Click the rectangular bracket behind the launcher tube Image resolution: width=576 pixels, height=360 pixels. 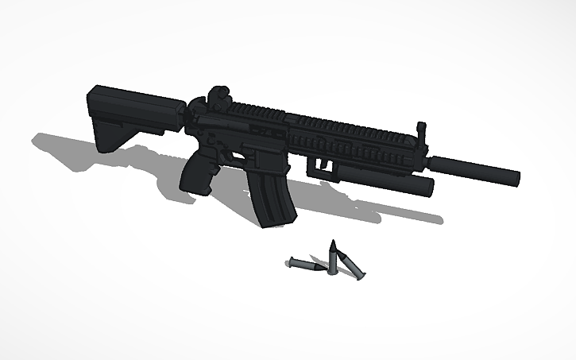point(322,165)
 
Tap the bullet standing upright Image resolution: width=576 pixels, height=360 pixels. point(333,256)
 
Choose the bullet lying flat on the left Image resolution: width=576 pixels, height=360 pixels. point(306,265)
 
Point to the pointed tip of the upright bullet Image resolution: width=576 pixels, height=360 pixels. point(333,242)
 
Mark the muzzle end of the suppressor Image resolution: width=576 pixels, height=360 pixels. point(516,176)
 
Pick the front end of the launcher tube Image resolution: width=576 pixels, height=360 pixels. point(430,188)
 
